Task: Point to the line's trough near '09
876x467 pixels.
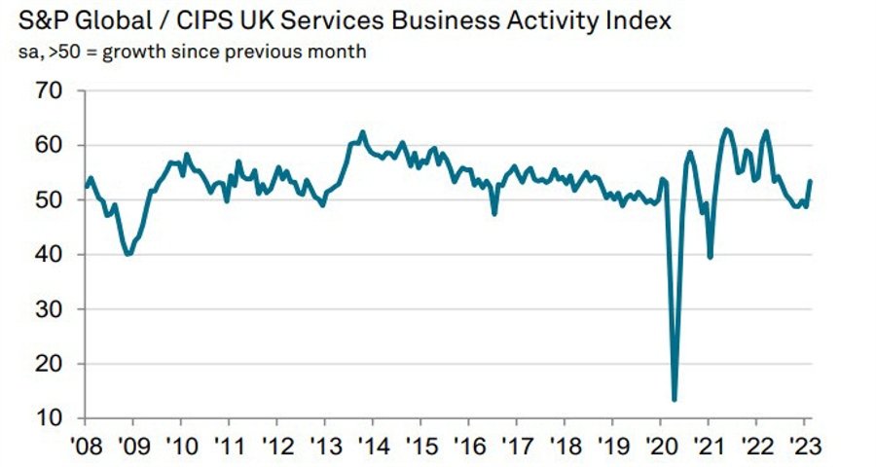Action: tap(128, 254)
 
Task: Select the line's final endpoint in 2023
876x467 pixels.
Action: tap(811, 182)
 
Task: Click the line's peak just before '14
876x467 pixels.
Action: tap(362, 132)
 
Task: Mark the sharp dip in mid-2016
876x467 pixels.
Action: tap(494, 212)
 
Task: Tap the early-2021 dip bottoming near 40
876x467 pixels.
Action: tap(710, 257)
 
